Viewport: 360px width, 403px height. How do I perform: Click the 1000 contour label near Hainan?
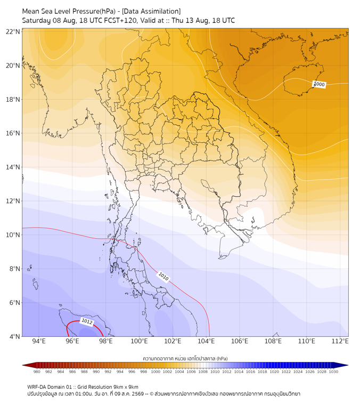[x=319, y=84]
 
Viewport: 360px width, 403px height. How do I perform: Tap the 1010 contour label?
[x=163, y=277]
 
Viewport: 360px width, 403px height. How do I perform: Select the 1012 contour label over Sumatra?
[x=87, y=322]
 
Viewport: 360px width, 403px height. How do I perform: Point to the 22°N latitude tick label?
[x=13, y=31]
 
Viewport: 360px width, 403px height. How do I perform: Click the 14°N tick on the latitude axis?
[x=13, y=167]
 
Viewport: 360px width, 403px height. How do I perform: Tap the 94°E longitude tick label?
[x=39, y=341]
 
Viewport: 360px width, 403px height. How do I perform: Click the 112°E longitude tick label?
[x=340, y=341]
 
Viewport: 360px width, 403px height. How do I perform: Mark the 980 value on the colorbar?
[x=37, y=372]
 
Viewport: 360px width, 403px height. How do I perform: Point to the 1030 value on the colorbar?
[x=333, y=372]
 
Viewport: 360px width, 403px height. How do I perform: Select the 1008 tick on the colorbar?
[x=203, y=372]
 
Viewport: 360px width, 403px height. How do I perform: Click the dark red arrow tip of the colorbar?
[x=23, y=365]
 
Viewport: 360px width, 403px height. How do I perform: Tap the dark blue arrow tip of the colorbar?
[x=348, y=365]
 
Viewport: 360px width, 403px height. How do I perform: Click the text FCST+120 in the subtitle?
[x=120, y=21]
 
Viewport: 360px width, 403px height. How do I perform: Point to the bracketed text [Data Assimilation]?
[x=151, y=11]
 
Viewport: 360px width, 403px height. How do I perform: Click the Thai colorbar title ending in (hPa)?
[x=185, y=358]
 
